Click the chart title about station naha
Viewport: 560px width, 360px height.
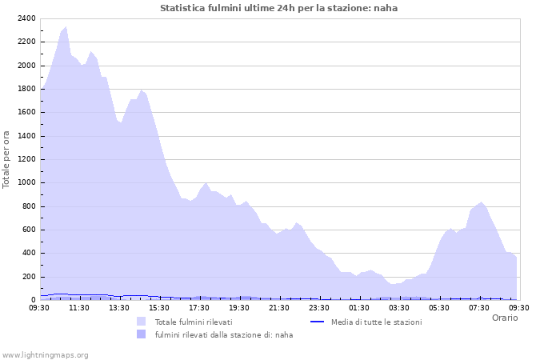click(278, 8)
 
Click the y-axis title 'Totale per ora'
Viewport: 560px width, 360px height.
click(7, 159)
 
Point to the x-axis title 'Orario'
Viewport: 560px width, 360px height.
click(504, 318)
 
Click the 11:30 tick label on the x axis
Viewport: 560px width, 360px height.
click(79, 307)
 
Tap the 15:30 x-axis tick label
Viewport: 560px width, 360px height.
click(159, 307)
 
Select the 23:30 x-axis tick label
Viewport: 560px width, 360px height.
click(319, 307)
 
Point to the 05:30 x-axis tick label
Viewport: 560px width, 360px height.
click(439, 307)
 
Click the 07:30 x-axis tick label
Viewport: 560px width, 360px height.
click(479, 307)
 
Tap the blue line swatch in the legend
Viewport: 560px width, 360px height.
click(315, 322)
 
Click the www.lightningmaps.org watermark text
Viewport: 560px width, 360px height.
click(45, 355)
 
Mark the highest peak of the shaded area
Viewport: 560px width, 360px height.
click(66, 26)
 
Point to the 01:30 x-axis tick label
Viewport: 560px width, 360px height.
click(359, 307)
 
